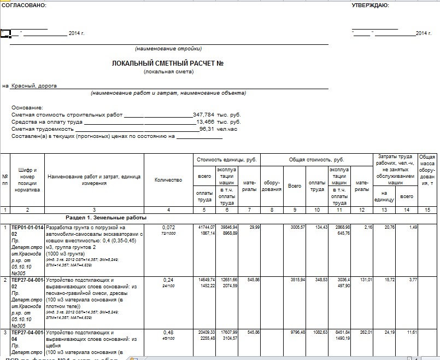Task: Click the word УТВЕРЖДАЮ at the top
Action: (370, 5)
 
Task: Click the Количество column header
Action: (168, 180)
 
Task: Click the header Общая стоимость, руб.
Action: (316, 159)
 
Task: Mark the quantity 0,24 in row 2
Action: (168, 280)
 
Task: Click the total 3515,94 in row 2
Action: (294, 280)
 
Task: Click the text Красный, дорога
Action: (34, 85)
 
